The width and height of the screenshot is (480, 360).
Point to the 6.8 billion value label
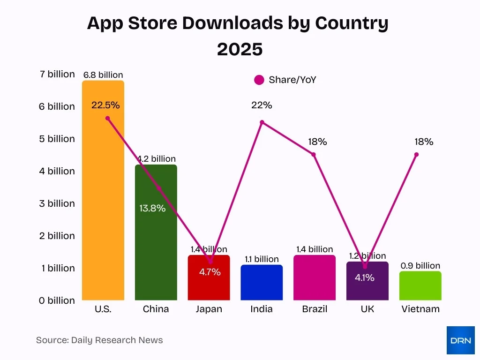(x=103, y=75)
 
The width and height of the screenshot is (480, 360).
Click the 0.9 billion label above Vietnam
(x=420, y=266)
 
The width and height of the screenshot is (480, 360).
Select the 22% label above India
(x=262, y=105)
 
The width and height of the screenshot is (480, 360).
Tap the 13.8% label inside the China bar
(x=152, y=208)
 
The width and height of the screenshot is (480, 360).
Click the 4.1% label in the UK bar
(x=364, y=277)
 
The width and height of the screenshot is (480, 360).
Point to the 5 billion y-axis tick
(x=57, y=139)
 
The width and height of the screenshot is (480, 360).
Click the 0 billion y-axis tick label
(x=57, y=300)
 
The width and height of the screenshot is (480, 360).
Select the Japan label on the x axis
(x=209, y=309)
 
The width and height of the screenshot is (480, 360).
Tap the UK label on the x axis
(x=367, y=309)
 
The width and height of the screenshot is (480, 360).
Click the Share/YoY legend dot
(x=259, y=80)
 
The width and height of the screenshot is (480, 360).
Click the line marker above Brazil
(x=314, y=155)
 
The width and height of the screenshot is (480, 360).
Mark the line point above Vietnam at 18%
(x=416, y=155)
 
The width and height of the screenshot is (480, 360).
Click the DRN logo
(x=460, y=340)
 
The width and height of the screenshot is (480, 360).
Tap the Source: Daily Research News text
(x=99, y=340)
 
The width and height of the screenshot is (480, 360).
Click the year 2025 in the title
(x=240, y=49)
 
